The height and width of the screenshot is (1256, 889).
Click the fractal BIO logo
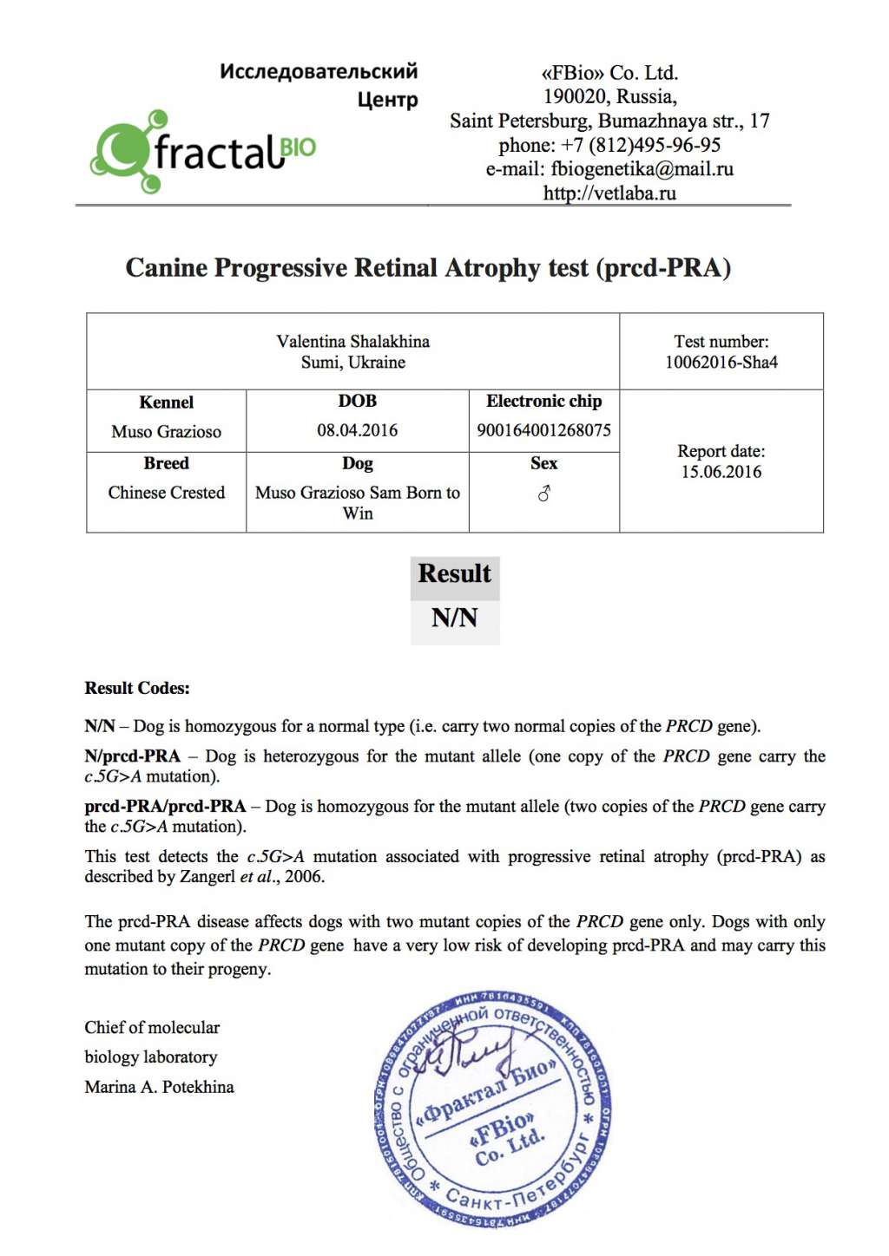pos(203,152)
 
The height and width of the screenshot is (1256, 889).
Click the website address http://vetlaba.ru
pos(609,193)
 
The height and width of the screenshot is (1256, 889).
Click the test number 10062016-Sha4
pos(721,363)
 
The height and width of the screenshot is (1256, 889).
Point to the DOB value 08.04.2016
pos(357,430)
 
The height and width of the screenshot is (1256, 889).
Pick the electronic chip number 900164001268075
pos(543,430)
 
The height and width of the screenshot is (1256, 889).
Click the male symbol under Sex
pos(544,494)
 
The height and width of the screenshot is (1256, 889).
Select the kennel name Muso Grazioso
pos(166,432)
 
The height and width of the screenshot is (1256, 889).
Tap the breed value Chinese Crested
pos(166,493)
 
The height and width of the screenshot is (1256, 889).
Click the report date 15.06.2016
pos(721,472)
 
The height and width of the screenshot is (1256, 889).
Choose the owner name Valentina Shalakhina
pos(352,342)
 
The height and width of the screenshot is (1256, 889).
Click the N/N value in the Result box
pos(455,618)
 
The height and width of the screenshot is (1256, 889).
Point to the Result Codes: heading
pos(137,689)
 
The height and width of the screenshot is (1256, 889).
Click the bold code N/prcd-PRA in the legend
pos(133,756)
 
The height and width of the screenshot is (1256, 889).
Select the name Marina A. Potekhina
pos(159,1087)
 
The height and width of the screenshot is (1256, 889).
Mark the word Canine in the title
pos(166,268)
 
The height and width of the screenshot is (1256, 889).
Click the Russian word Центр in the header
pos(387,100)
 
